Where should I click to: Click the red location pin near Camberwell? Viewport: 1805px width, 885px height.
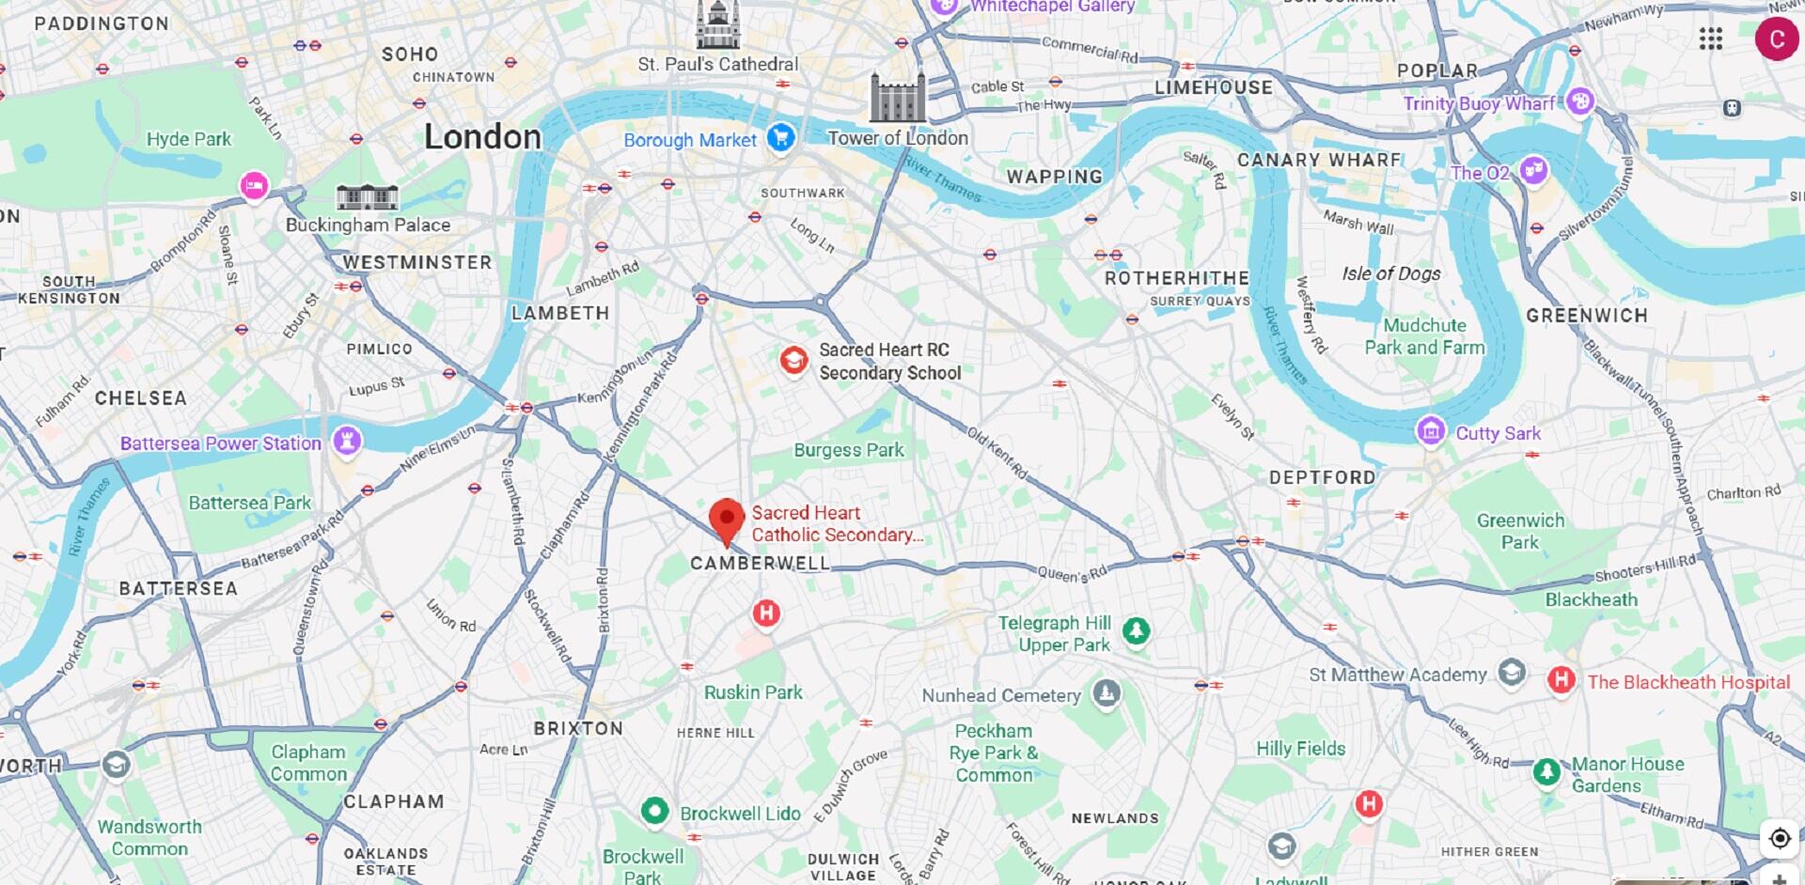[726, 519]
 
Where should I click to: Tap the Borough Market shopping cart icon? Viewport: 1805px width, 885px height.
[780, 138]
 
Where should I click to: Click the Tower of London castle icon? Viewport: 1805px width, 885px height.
[897, 97]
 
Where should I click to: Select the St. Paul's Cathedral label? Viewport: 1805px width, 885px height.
[717, 64]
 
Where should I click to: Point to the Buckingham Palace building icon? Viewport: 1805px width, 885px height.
[368, 196]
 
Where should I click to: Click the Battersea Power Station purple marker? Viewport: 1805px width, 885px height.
[347, 441]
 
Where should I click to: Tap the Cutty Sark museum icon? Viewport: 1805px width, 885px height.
[1431, 431]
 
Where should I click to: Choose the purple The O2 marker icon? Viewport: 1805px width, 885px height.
[1533, 171]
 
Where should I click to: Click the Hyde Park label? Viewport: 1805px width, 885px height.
[188, 139]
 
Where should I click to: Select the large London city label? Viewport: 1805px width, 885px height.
[482, 137]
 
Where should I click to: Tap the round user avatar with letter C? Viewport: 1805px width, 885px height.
[1776, 39]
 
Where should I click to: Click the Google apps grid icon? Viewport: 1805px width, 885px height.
[1711, 39]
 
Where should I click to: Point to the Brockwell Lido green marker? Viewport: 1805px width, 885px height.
[654, 811]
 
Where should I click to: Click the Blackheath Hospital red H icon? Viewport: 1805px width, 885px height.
[1561, 680]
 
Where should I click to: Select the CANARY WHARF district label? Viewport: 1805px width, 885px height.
[1318, 160]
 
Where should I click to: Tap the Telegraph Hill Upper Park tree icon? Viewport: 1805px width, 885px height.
[1136, 630]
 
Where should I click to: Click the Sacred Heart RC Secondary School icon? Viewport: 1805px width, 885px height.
[793, 360]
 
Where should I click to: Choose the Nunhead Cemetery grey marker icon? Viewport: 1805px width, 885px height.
[1106, 694]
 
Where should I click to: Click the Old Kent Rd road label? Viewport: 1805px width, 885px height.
[997, 453]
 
